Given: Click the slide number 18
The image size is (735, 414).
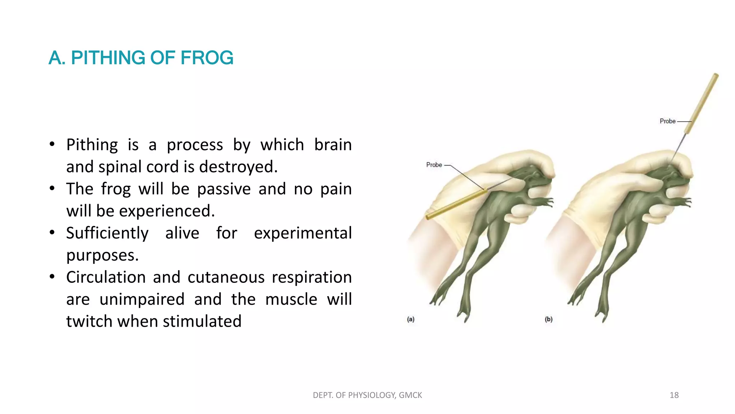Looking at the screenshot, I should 674,395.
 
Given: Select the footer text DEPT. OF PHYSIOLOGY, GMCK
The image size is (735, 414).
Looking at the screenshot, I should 367,395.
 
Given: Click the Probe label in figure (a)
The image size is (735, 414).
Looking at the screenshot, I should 434,165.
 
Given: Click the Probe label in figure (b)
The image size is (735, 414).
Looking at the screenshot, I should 667,121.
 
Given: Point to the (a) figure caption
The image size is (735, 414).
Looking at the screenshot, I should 411,319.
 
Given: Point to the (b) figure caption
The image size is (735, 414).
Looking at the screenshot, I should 548,319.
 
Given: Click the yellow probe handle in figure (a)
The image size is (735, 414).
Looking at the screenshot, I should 456,204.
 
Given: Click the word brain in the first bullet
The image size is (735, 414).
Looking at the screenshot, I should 333,145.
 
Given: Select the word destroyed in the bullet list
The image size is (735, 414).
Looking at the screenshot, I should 238,167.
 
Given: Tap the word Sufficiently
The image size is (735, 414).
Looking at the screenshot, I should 107,233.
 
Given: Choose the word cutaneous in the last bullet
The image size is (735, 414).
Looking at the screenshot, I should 226,277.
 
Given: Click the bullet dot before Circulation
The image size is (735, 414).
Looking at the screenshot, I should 52,277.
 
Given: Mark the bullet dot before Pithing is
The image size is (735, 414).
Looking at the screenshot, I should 52,144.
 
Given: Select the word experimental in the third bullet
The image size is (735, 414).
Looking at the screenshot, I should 303,233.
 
